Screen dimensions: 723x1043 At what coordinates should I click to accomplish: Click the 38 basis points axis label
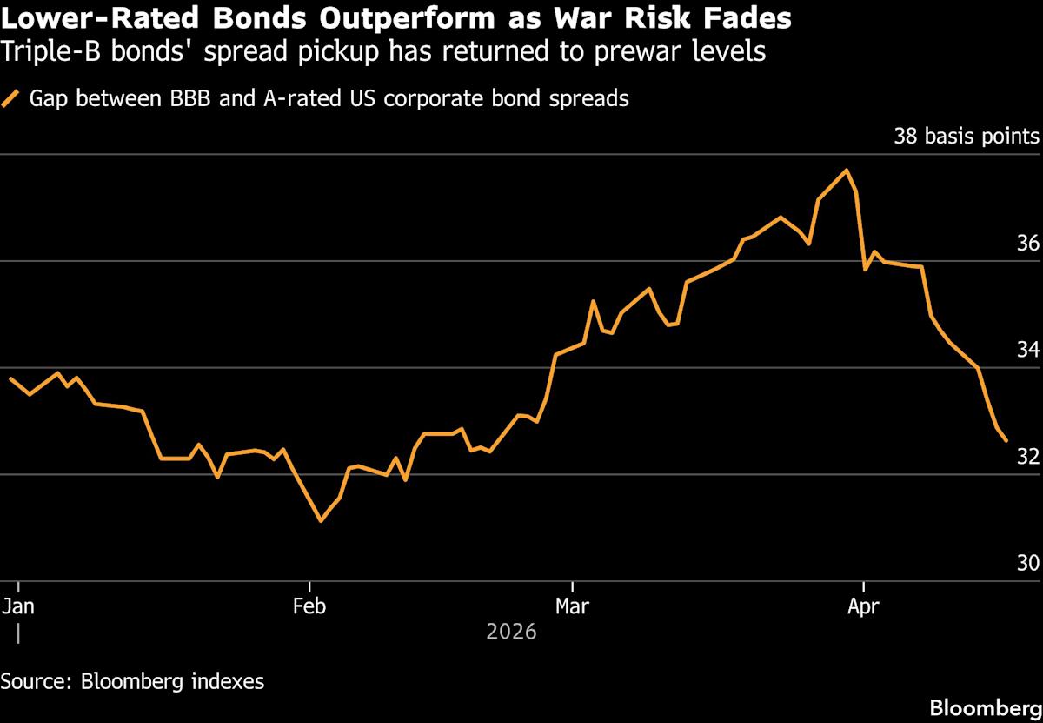point(966,137)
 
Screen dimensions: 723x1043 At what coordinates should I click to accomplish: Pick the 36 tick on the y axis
point(1027,244)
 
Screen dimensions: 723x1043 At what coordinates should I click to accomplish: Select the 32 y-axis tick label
point(1027,457)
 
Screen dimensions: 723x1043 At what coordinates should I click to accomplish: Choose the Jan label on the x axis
point(18,606)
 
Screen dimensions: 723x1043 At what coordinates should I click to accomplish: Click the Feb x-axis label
point(309,606)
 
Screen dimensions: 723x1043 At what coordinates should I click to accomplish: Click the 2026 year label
point(511,632)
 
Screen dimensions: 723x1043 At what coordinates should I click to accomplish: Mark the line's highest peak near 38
point(847,170)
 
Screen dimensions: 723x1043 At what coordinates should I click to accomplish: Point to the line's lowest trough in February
point(321,521)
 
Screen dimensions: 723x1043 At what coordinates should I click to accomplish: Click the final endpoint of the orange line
point(1006,441)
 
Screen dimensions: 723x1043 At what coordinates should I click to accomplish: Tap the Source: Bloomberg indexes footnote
point(132,680)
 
